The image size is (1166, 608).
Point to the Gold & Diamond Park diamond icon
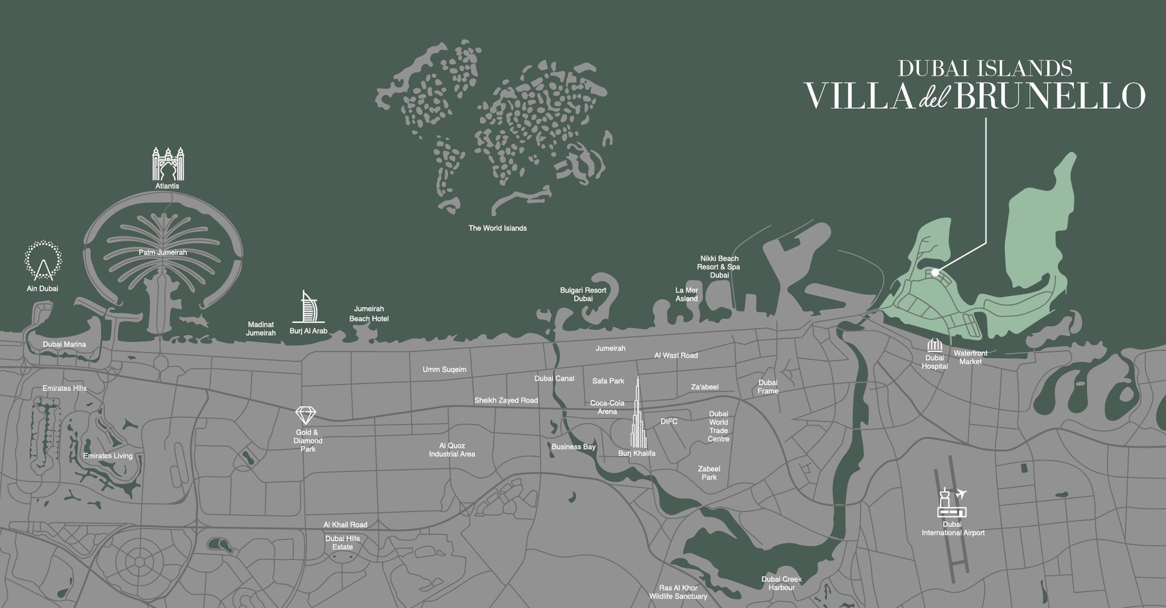pos(305,416)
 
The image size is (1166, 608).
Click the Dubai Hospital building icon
pos(935,345)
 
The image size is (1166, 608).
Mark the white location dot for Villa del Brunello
pos(935,272)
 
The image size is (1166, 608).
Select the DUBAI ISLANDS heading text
pos(984,68)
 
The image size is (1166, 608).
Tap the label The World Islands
pos(497,228)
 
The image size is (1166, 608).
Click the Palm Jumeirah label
pos(163,252)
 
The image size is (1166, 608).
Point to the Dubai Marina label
pos(64,344)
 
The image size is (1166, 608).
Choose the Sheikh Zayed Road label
pos(506,400)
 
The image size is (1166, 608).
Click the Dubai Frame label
pos(768,387)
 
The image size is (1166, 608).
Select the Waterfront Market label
pos(970,357)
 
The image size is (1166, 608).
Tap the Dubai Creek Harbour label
pos(782,583)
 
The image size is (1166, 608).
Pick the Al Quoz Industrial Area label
pos(452,450)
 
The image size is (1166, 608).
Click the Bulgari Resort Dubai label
pos(583,294)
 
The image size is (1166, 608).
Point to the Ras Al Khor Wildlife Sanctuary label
pos(678,592)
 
